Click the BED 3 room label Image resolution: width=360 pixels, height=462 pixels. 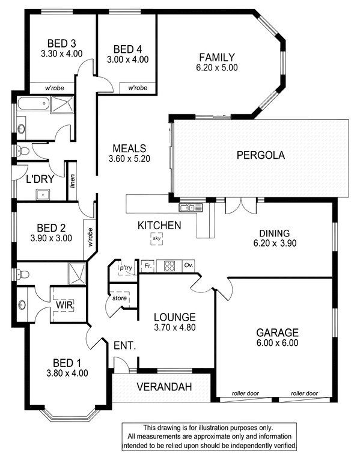tap(61, 43)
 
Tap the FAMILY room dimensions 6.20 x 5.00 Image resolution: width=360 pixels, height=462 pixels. tap(217, 67)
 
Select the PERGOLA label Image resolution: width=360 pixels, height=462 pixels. tap(261, 155)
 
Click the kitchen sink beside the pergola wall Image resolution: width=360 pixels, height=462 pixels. tap(191, 208)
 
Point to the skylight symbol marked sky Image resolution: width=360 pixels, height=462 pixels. tap(157, 238)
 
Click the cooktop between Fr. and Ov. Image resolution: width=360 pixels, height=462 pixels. tap(169, 266)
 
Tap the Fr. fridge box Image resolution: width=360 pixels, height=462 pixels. tap(148, 266)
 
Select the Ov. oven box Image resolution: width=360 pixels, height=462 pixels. tap(189, 265)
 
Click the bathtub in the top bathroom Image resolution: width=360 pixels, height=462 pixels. tap(34, 103)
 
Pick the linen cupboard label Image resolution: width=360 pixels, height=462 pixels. tap(72, 181)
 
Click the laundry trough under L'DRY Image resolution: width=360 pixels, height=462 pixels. tap(43, 195)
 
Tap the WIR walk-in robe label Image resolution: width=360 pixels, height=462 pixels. tap(64, 304)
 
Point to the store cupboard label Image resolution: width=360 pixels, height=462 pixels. tap(120, 298)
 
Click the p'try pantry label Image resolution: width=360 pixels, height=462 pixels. tap(126, 268)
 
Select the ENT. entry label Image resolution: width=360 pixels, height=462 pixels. tap(125, 346)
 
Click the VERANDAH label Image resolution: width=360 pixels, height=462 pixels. tap(164, 387)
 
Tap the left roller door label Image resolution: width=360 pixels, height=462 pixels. tap(245, 393)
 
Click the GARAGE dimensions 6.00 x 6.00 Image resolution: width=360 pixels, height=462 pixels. tap(277, 343)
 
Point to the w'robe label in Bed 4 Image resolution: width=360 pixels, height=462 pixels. tap(138, 88)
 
